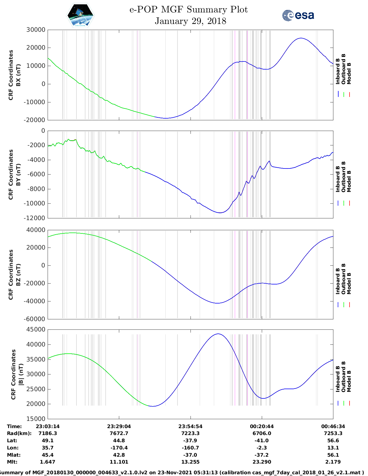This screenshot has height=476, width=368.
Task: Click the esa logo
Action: click(x=298, y=15)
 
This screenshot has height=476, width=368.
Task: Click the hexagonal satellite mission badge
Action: click(x=81, y=15)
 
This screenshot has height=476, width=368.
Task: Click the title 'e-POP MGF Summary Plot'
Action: click(x=188, y=10)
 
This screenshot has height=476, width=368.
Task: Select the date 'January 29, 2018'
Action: click(x=190, y=21)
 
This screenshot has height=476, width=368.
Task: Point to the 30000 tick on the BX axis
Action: click(x=36, y=30)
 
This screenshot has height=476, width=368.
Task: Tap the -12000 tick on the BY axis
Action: click(x=36, y=218)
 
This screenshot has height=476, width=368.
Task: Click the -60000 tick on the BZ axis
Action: click(x=36, y=319)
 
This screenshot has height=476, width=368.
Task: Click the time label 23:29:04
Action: click(x=119, y=426)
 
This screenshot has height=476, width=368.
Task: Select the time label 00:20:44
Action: click(x=262, y=426)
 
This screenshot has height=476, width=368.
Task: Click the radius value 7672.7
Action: click(x=119, y=433)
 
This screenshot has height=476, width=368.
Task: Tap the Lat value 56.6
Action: click(x=333, y=441)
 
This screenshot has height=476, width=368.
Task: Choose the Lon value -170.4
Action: click(x=119, y=448)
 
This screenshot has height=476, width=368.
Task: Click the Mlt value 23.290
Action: click(x=262, y=462)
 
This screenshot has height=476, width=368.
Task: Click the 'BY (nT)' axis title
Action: click(x=18, y=175)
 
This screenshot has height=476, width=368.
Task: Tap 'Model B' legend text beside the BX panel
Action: click(x=349, y=73)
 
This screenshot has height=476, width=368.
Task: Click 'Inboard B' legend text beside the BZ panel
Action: click(x=338, y=281)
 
